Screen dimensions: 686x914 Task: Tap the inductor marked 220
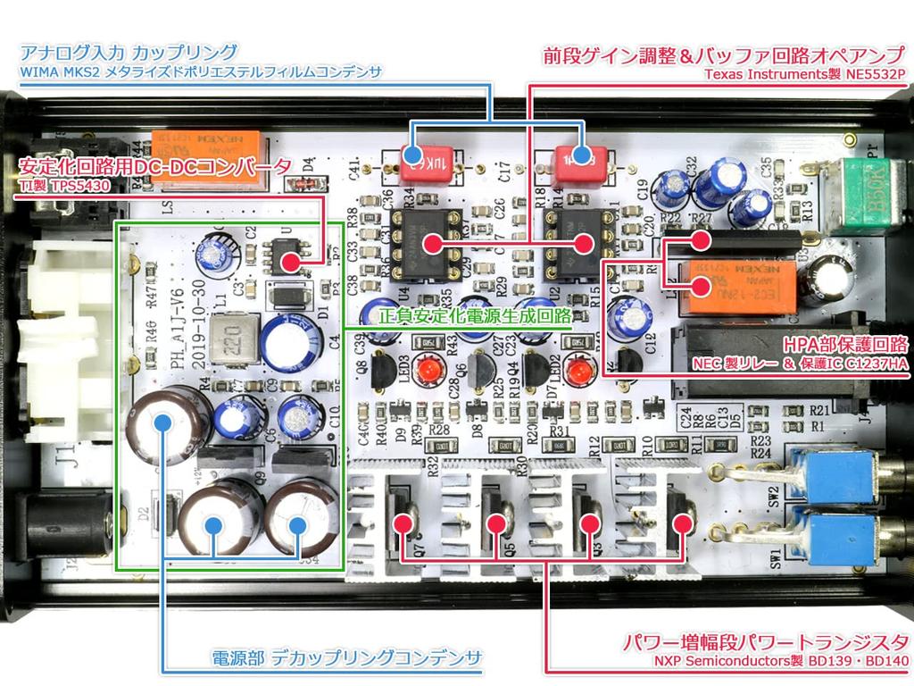238,343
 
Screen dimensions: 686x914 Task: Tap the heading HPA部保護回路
844,345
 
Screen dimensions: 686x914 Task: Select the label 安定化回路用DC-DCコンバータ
155,166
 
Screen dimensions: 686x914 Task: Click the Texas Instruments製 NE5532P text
804,73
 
